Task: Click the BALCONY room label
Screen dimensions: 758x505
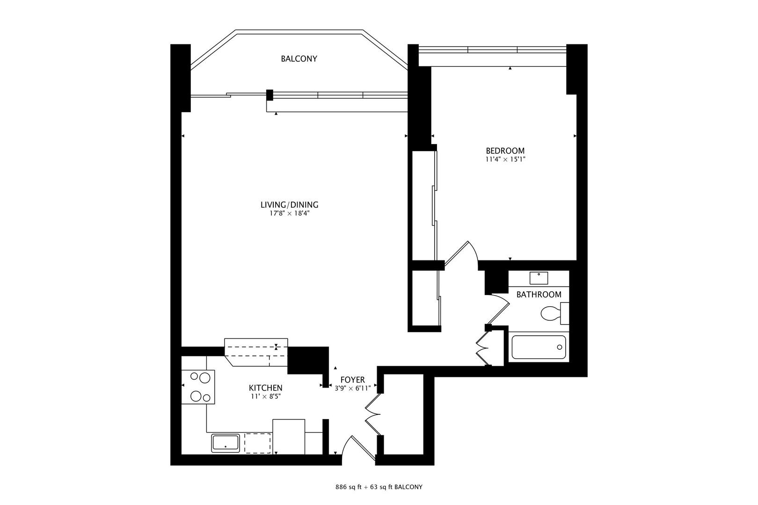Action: [x=299, y=59]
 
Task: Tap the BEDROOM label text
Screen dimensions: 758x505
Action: [x=505, y=151]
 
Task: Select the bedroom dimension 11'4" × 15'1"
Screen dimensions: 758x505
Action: [x=505, y=159]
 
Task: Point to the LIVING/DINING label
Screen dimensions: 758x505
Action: [x=289, y=205]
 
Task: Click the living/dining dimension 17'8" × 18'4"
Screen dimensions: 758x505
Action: [x=289, y=213]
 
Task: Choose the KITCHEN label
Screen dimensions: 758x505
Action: [x=266, y=388]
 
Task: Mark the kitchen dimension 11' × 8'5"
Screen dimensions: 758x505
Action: [x=266, y=397]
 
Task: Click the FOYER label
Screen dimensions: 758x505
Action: [x=353, y=380]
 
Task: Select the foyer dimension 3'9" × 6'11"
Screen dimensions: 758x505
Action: [x=353, y=388]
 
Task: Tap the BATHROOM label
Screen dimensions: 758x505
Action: [x=539, y=295]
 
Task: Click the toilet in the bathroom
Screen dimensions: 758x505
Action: [x=555, y=314]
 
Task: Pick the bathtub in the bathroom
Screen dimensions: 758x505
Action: [x=539, y=347]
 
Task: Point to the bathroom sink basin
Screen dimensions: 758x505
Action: [x=539, y=278]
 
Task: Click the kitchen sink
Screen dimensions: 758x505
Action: [x=226, y=443]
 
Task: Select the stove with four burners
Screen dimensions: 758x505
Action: [x=198, y=387]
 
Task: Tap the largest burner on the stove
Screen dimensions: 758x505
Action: [x=205, y=378]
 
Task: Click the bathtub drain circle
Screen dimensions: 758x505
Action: [x=559, y=347]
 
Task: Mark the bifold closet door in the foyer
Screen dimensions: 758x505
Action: [x=373, y=414]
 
